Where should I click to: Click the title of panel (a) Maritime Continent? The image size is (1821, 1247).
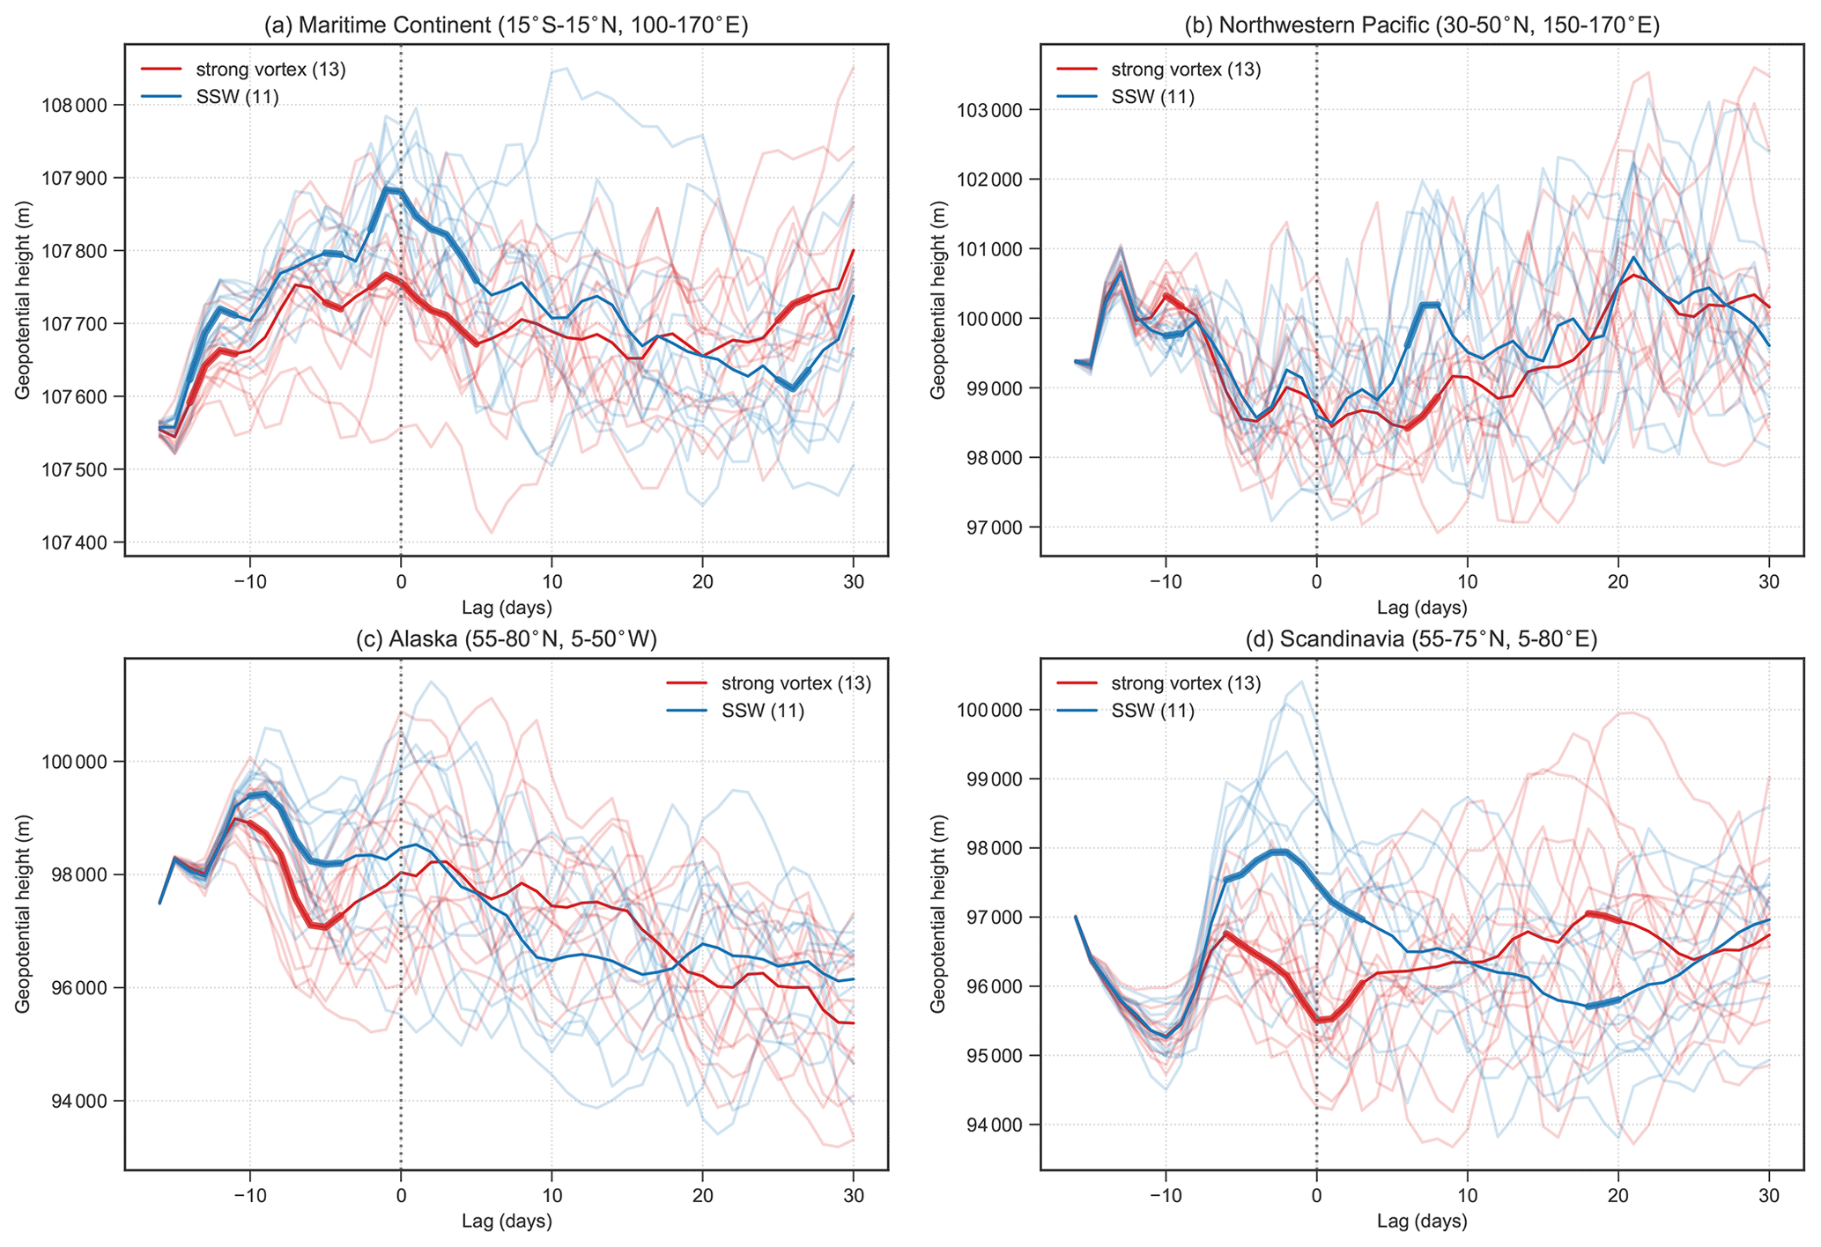[506, 26]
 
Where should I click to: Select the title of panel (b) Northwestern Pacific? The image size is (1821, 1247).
[1421, 26]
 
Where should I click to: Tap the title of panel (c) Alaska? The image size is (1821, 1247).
[506, 640]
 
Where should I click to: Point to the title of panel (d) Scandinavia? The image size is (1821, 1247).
[1421, 640]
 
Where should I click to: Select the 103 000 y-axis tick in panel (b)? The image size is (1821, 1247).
[996, 111]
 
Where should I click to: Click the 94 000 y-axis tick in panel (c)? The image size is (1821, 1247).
[85, 1102]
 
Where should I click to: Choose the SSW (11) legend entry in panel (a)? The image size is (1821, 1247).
[237, 98]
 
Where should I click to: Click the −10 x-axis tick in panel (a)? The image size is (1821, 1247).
[250, 581]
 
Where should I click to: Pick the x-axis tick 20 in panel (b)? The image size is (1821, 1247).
[1617, 581]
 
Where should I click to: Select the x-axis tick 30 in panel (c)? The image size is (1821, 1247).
[853, 1196]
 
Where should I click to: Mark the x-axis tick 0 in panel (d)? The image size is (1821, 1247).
[1316, 1196]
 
